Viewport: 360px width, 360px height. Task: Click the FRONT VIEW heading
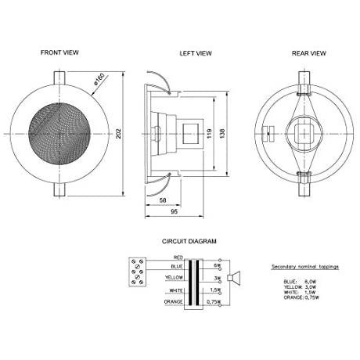pos(59,52)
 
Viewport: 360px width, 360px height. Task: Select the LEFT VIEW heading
pos(196,53)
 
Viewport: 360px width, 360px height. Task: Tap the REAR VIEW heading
pos(309,53)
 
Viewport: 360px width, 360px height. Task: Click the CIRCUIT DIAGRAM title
pos(189,241)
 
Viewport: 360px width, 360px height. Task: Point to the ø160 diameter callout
pos(99,79)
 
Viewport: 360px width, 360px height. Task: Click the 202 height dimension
pos(119,133)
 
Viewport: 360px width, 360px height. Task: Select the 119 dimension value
pos(209,133)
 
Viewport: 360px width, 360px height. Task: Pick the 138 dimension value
pos(222,133)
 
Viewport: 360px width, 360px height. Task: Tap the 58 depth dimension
pos(163,200)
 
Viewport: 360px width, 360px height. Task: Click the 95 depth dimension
pos(174,211)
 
